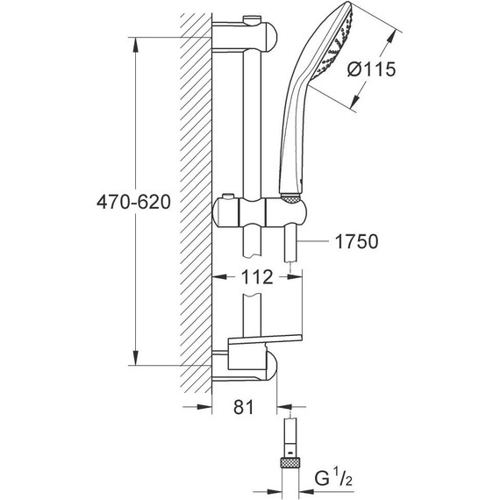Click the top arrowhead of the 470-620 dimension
[136, 45]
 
